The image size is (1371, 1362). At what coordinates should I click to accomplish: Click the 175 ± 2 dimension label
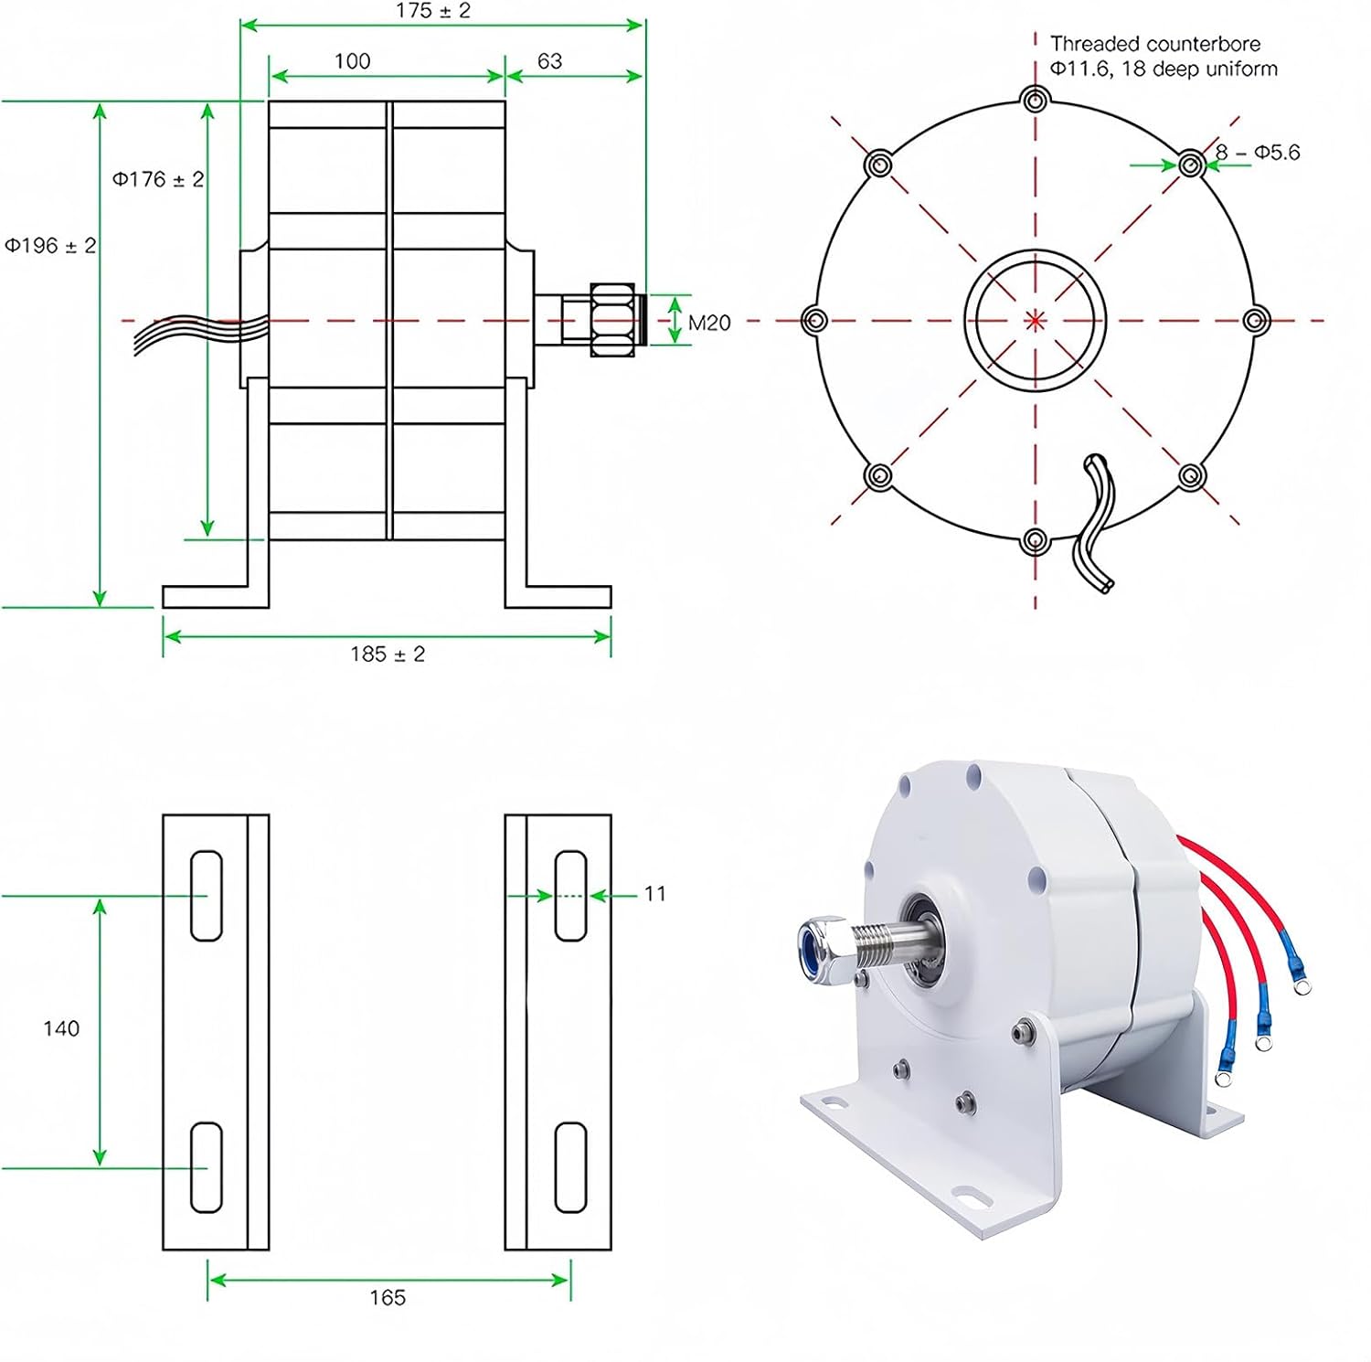432,11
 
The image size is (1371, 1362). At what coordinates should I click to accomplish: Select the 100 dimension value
352,61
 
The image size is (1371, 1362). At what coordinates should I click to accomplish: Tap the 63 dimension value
549,61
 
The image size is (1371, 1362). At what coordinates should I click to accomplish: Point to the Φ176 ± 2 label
157,179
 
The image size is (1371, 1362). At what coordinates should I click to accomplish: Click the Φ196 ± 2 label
50,246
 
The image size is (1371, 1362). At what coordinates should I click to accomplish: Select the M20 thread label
708,323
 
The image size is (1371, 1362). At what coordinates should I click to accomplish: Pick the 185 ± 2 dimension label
388,654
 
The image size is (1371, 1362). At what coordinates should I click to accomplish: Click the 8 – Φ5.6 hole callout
1257,153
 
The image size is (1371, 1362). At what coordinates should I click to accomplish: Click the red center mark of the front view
1035,321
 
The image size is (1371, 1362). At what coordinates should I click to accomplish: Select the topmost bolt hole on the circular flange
1035,100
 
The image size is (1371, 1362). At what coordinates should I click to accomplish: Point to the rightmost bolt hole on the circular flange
1256,321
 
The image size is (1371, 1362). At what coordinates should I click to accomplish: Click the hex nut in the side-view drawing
612,320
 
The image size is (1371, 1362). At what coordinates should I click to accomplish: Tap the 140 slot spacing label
61,1028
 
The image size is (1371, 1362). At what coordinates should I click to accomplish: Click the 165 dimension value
388,1298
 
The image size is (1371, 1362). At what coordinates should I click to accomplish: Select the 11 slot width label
654,894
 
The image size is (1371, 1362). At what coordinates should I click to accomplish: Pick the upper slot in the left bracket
206,896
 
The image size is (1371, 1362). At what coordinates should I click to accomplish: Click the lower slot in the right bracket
570,1167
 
